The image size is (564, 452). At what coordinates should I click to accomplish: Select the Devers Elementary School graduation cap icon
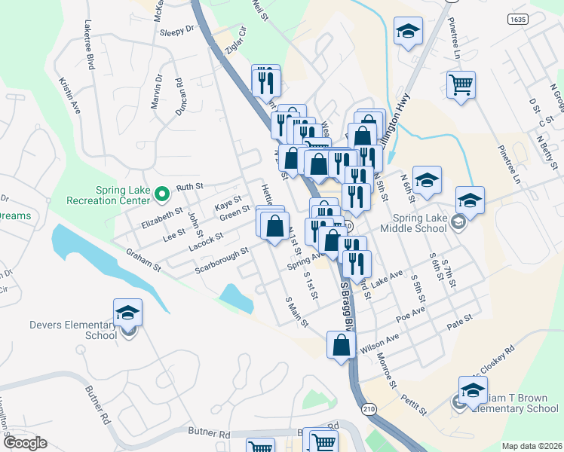click(127, 313)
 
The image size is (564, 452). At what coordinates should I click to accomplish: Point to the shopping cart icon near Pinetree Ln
click(460, 84)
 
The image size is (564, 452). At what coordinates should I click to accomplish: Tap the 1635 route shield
click(517, 19)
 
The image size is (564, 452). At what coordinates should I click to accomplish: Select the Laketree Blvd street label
click(89, 45)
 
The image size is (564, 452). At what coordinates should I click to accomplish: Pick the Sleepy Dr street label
click(177, 31)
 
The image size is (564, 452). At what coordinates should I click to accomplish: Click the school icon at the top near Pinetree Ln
click(408, 31)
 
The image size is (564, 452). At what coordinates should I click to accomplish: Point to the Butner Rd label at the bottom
click(209, 434)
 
